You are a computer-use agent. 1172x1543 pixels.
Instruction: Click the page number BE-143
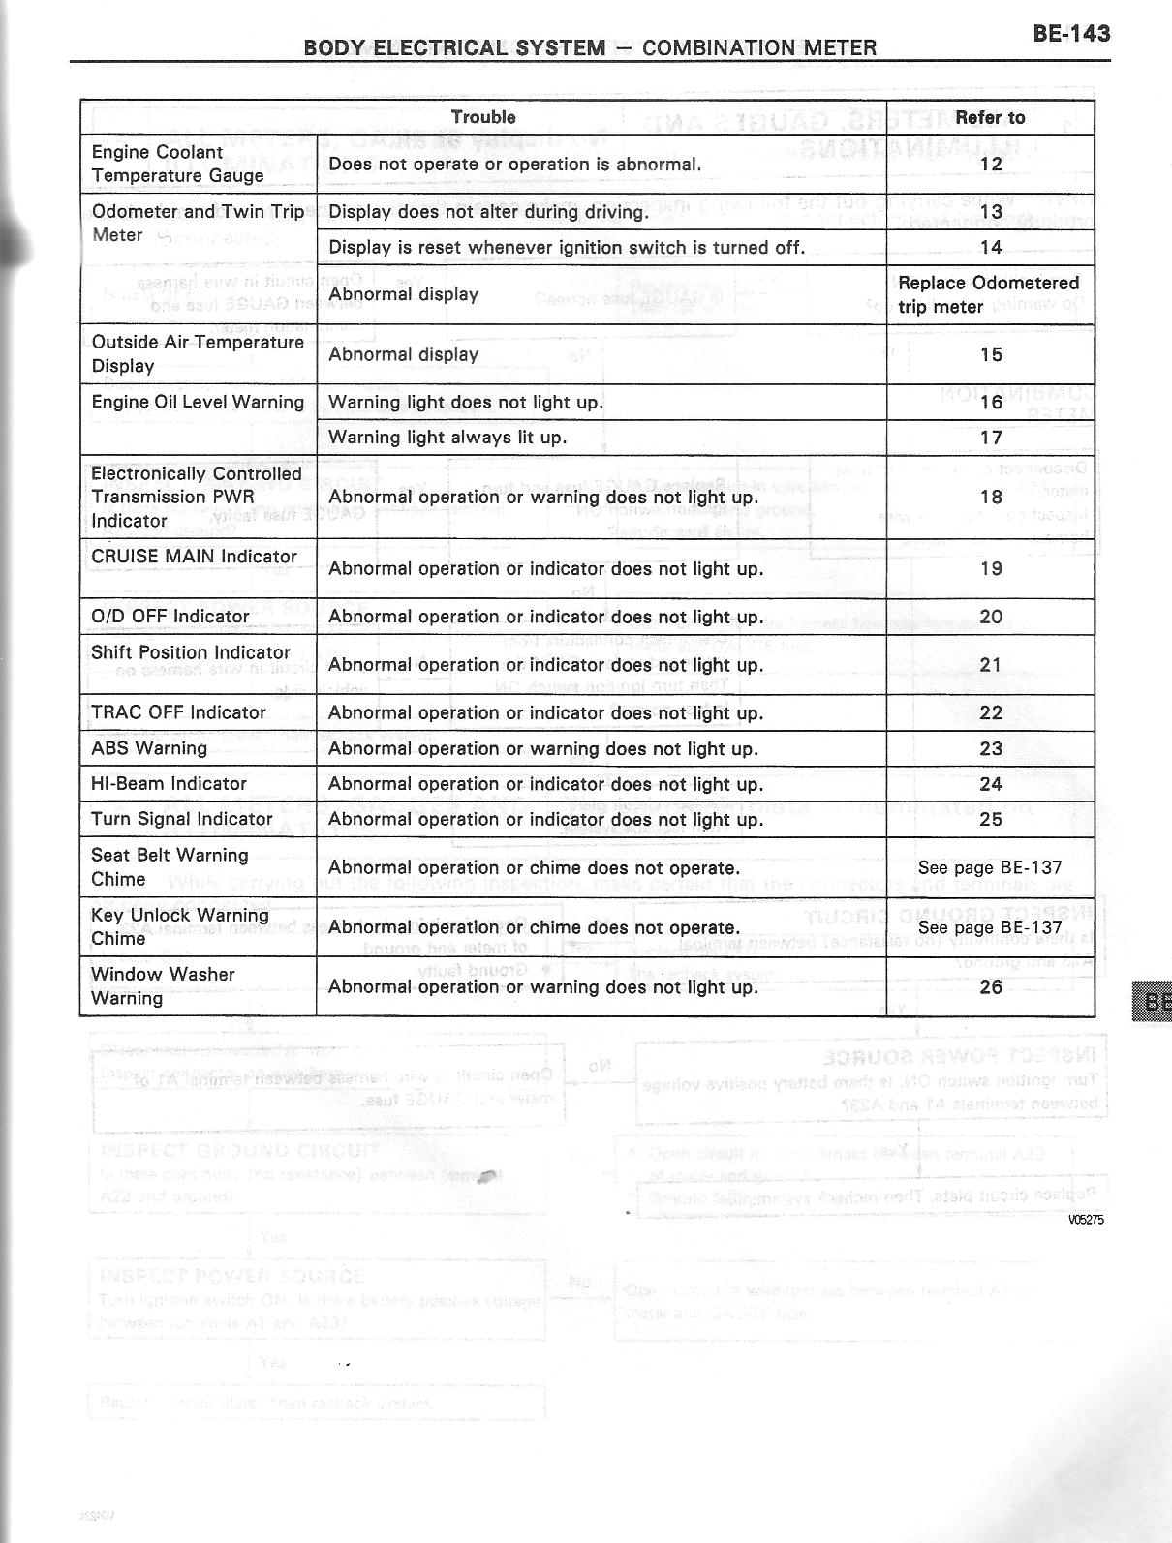tap(1070, 33)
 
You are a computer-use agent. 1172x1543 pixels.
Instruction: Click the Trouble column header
tap(483, 117)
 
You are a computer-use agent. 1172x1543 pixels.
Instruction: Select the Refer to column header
tap(990, 117)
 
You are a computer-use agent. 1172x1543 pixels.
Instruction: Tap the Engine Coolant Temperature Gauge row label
tap(177, 164)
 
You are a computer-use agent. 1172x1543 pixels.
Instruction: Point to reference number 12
tap(991, 164)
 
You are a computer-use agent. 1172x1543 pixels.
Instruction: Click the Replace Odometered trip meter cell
tap(988, 294)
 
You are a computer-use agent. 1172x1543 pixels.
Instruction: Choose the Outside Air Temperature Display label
tap(198, 353)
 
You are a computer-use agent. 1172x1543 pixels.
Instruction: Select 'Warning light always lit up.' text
tap(447, 438)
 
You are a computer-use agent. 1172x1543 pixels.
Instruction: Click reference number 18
tap(991, 497)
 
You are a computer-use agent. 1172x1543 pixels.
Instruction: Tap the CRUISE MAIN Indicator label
tap(194, 557)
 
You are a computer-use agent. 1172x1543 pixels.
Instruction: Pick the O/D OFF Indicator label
tap(170, 617)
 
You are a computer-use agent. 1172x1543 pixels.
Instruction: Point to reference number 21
tap(991, 665)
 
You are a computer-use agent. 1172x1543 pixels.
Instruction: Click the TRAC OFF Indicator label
tap(178, 712)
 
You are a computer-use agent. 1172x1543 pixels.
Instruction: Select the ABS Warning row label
tap(149, 748)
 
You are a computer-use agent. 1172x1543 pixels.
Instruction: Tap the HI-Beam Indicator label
tap(169, 784)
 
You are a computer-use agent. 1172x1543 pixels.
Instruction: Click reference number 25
tap(991, 819)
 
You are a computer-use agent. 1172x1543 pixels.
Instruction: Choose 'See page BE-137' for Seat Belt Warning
tap(990, 867)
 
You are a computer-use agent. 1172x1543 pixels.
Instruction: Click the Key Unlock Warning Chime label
tap(179, 926)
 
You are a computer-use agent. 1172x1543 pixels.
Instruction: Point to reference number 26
tap(991, 986)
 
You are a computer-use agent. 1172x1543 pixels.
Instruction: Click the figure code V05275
tap(1086, 1220)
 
